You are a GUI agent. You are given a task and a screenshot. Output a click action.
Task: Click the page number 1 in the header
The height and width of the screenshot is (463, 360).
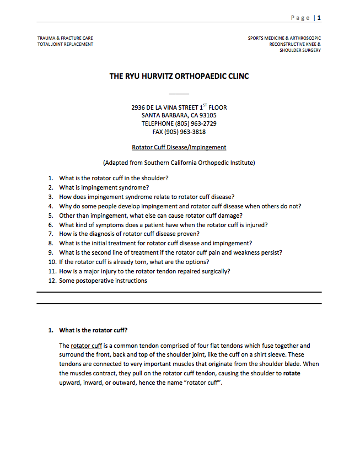tap(319, 18)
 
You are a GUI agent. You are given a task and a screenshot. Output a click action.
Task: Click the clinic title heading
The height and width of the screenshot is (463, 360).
tap(179, 76)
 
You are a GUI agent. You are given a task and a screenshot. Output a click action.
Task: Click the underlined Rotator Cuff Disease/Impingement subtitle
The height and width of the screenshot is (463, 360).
tap(179, 147)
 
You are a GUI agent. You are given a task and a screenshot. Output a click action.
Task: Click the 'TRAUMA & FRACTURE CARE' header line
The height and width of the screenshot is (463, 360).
tap(65, 38)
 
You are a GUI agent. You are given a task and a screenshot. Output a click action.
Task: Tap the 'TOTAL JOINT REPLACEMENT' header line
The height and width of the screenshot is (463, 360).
tap(65, 44)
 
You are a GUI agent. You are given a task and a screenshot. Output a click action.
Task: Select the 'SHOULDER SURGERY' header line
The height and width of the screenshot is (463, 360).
tap(300, 50)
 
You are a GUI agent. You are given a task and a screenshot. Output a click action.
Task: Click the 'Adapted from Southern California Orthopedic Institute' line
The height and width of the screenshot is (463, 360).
tap(179, 163)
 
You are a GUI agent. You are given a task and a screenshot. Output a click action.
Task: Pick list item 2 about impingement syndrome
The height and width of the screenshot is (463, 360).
tap(104, 187)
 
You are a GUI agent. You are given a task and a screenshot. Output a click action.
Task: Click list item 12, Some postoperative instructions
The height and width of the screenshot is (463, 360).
tap(103, 281)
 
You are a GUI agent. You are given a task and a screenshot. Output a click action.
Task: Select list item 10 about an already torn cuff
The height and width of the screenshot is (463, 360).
tap(134, 262)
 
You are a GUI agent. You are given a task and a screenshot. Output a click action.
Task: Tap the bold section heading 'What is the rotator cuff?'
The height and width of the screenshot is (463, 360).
tap(93, 330)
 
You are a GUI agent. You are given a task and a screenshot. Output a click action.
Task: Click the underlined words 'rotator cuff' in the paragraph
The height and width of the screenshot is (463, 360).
tap(87, 346)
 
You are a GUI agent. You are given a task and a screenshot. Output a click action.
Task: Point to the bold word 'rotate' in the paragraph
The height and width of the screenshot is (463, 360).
tap(292, 373)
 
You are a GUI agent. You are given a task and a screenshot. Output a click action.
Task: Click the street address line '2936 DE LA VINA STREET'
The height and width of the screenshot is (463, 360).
tap(179, 107)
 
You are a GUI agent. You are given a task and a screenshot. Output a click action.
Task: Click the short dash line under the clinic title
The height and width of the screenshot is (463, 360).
tap(179, 94)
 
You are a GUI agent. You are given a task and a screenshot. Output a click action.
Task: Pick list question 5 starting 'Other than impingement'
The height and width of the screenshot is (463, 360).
tap(151, 216)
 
